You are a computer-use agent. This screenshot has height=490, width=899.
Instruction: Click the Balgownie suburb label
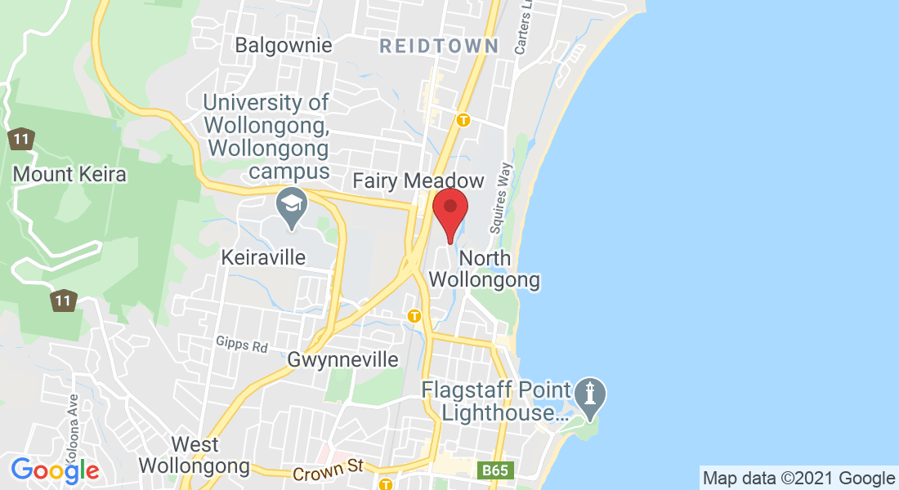[x=284, y=45]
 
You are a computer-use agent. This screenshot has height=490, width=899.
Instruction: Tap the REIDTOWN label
[x=439, y=46]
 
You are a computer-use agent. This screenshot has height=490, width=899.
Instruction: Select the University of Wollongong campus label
[x=266, y=137]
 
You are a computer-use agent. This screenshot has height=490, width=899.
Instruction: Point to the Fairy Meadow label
[x=418, y=180]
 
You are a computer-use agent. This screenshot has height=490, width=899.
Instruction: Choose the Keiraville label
[x=263, y=257]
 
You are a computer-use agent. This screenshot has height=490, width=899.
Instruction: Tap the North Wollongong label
[x=485, y=269]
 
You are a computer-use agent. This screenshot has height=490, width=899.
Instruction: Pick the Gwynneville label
[x=343, y=359]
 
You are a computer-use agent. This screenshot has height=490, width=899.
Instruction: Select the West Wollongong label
[x=195, y=456]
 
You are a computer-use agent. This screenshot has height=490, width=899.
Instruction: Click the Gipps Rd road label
[x=243, y=346]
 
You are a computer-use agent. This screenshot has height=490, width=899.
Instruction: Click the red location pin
[x=449, y=212]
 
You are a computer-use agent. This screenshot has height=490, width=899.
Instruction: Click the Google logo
[x=55, y=470]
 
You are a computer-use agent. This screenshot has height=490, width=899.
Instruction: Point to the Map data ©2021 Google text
[x=798, y=479]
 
